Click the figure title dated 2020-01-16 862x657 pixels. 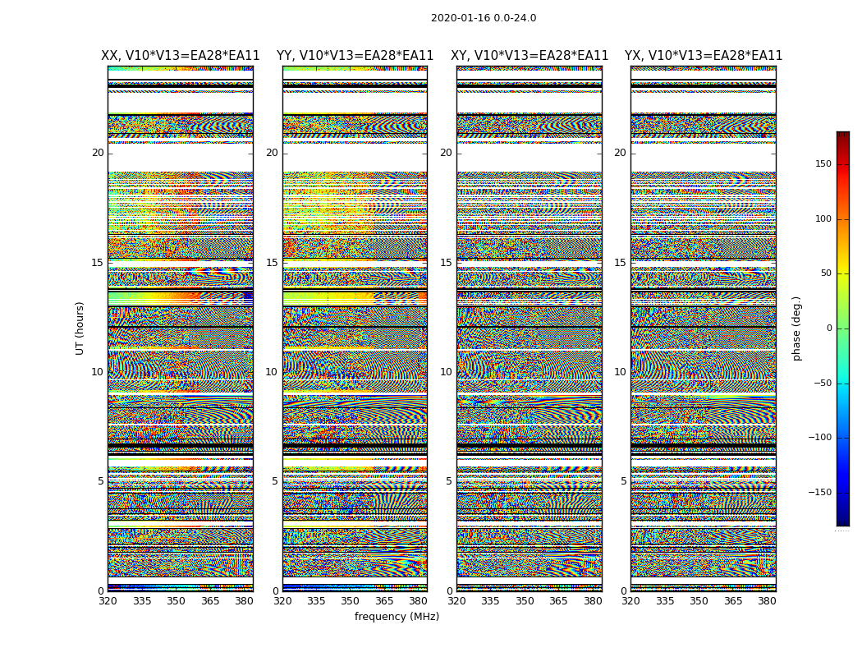click(x=484, y=18)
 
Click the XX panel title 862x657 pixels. click(x=181, y=56)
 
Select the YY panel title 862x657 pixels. click(x=355, y=56)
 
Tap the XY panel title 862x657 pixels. click(x=530, y=56)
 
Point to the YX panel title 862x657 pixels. click(x=704, y=56)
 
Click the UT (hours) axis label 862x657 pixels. click(x=80, y=328)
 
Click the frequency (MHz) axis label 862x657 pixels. click(x=397, y=617)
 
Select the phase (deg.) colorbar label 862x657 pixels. click(x=796, y=328)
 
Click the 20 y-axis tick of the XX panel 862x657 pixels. click(x=98, y=153)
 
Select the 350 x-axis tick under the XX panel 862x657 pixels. click(x=177, y=601)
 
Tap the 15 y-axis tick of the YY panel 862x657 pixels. click(x=272, y=263)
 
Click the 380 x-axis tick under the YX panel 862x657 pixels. click(x=767, y=601)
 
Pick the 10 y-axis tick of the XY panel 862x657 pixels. click(x=446, y=372)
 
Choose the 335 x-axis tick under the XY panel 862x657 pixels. click(x=491, y=601)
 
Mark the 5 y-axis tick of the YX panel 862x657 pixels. click(x=623, y=481)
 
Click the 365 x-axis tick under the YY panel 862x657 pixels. click(x=384, y=601)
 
